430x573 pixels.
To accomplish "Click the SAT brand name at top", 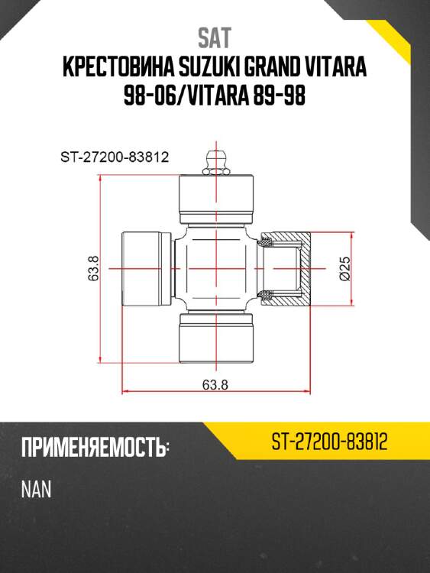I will click(215, 37).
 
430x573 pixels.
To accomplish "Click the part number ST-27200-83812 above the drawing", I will click(114, 158).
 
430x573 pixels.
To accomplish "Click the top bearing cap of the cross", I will click(216, 195).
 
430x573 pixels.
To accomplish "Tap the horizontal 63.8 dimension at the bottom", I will click(215, 384).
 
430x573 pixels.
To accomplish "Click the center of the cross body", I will click(216, 269).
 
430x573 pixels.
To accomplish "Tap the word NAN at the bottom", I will click(36, 490).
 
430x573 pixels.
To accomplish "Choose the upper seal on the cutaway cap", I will click(267, 244).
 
